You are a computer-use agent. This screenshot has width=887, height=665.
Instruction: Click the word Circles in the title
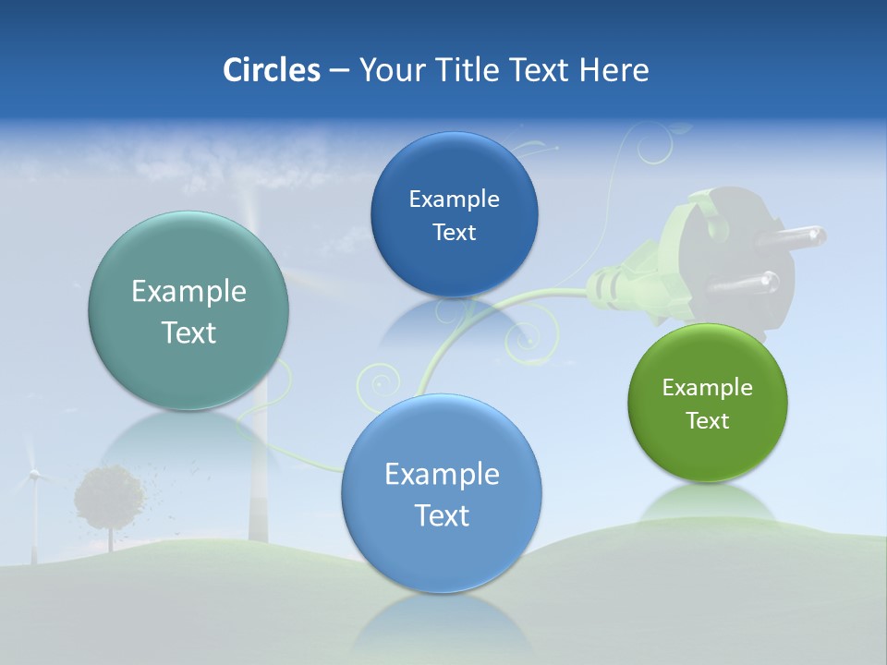click(272, 70)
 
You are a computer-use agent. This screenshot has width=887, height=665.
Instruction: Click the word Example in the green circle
click(708, 388)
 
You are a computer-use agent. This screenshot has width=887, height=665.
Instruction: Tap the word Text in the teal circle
click(188, 332)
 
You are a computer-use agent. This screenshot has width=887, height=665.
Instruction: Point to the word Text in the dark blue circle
click(454, 233)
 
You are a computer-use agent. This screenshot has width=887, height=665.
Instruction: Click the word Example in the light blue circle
click(442, 475)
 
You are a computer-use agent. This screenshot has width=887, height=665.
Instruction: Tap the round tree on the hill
click(109, 497)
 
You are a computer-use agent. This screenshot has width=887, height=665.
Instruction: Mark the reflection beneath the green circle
click(708, 503)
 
